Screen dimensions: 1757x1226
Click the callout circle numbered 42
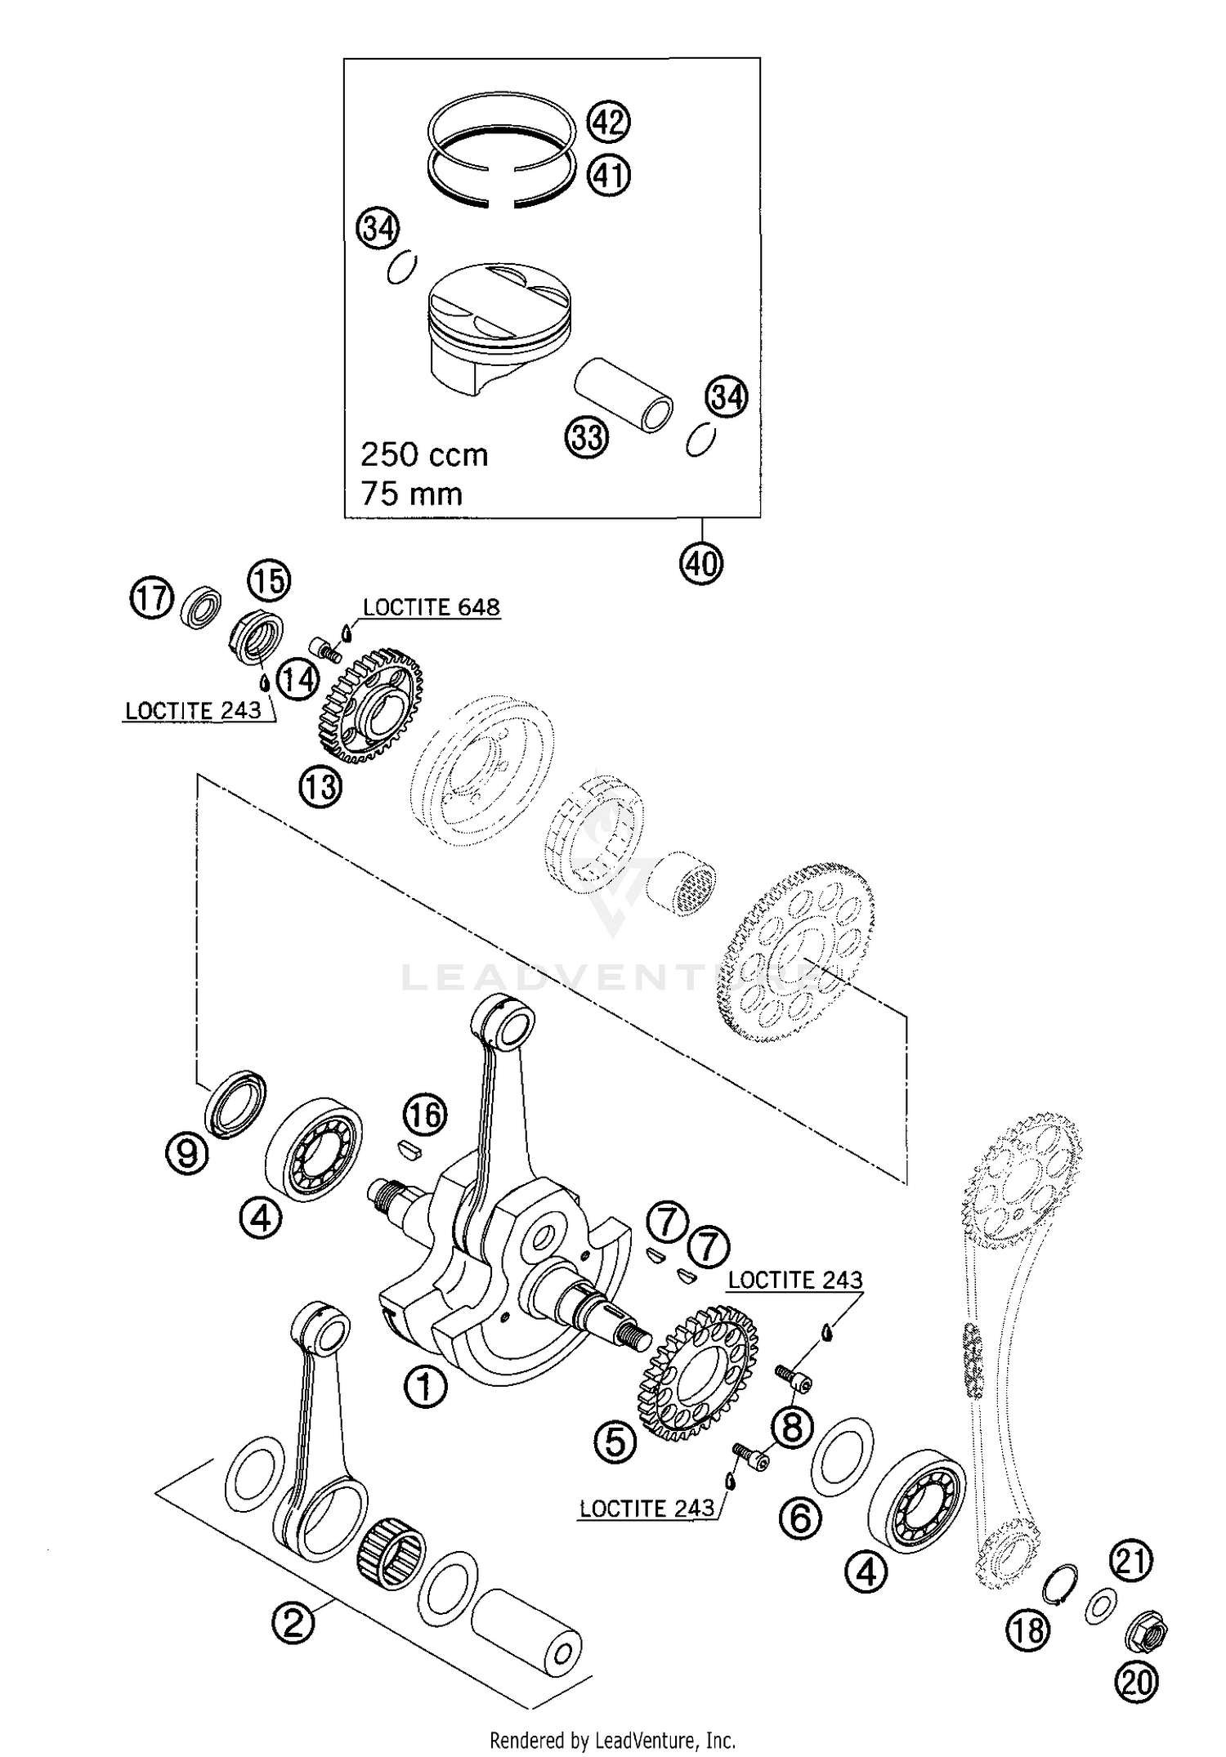pyautogui.click(x=609, y=123)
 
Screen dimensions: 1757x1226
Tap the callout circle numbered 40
pyautogui.click(x=701, y=563)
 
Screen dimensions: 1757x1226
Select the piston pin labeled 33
pyautogui.click(x=624, y=395)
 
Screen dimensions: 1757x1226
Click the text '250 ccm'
pyautogui.click(x=424, y=454)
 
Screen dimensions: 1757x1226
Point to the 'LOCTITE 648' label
pyautogui.click(x=431, y=607)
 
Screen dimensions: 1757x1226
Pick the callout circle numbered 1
pyautogui.click(x=425, y=1386)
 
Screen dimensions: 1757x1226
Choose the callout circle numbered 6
pyautogui.click(x=799, y=1518)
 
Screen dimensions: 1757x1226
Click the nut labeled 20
pyautogui.click(x=1148, y=1634)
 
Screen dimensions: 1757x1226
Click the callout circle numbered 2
pyautogui.click(x=293, y=1621)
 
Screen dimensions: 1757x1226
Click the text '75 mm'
pyautogui.click(x=411, y=494)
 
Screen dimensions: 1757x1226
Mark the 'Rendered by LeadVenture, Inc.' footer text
pyautogui.click(x=612, y=1740)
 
